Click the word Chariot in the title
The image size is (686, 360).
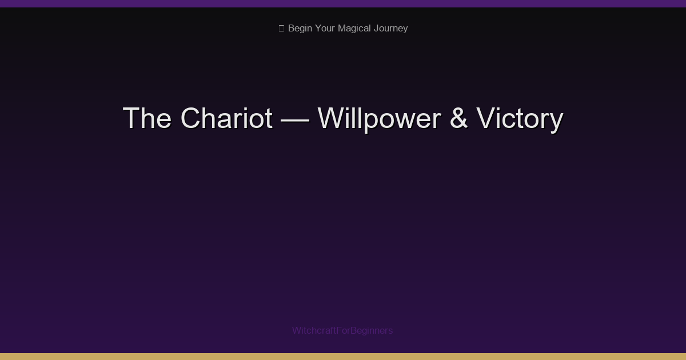point(226,118)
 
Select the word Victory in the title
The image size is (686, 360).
point(520,118)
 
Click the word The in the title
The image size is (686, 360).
point(147,118)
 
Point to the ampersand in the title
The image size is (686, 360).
point(458,118)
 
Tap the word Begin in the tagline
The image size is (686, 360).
point(300,29)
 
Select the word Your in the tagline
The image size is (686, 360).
point(325,29)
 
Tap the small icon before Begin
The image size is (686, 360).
point(281,29)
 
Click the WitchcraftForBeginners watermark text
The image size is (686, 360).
point(342,330)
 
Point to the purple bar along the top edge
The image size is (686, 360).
point(343,3)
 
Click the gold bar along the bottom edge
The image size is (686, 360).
point(343,357)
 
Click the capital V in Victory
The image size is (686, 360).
point(485,118)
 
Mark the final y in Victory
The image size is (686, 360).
point(556,121)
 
